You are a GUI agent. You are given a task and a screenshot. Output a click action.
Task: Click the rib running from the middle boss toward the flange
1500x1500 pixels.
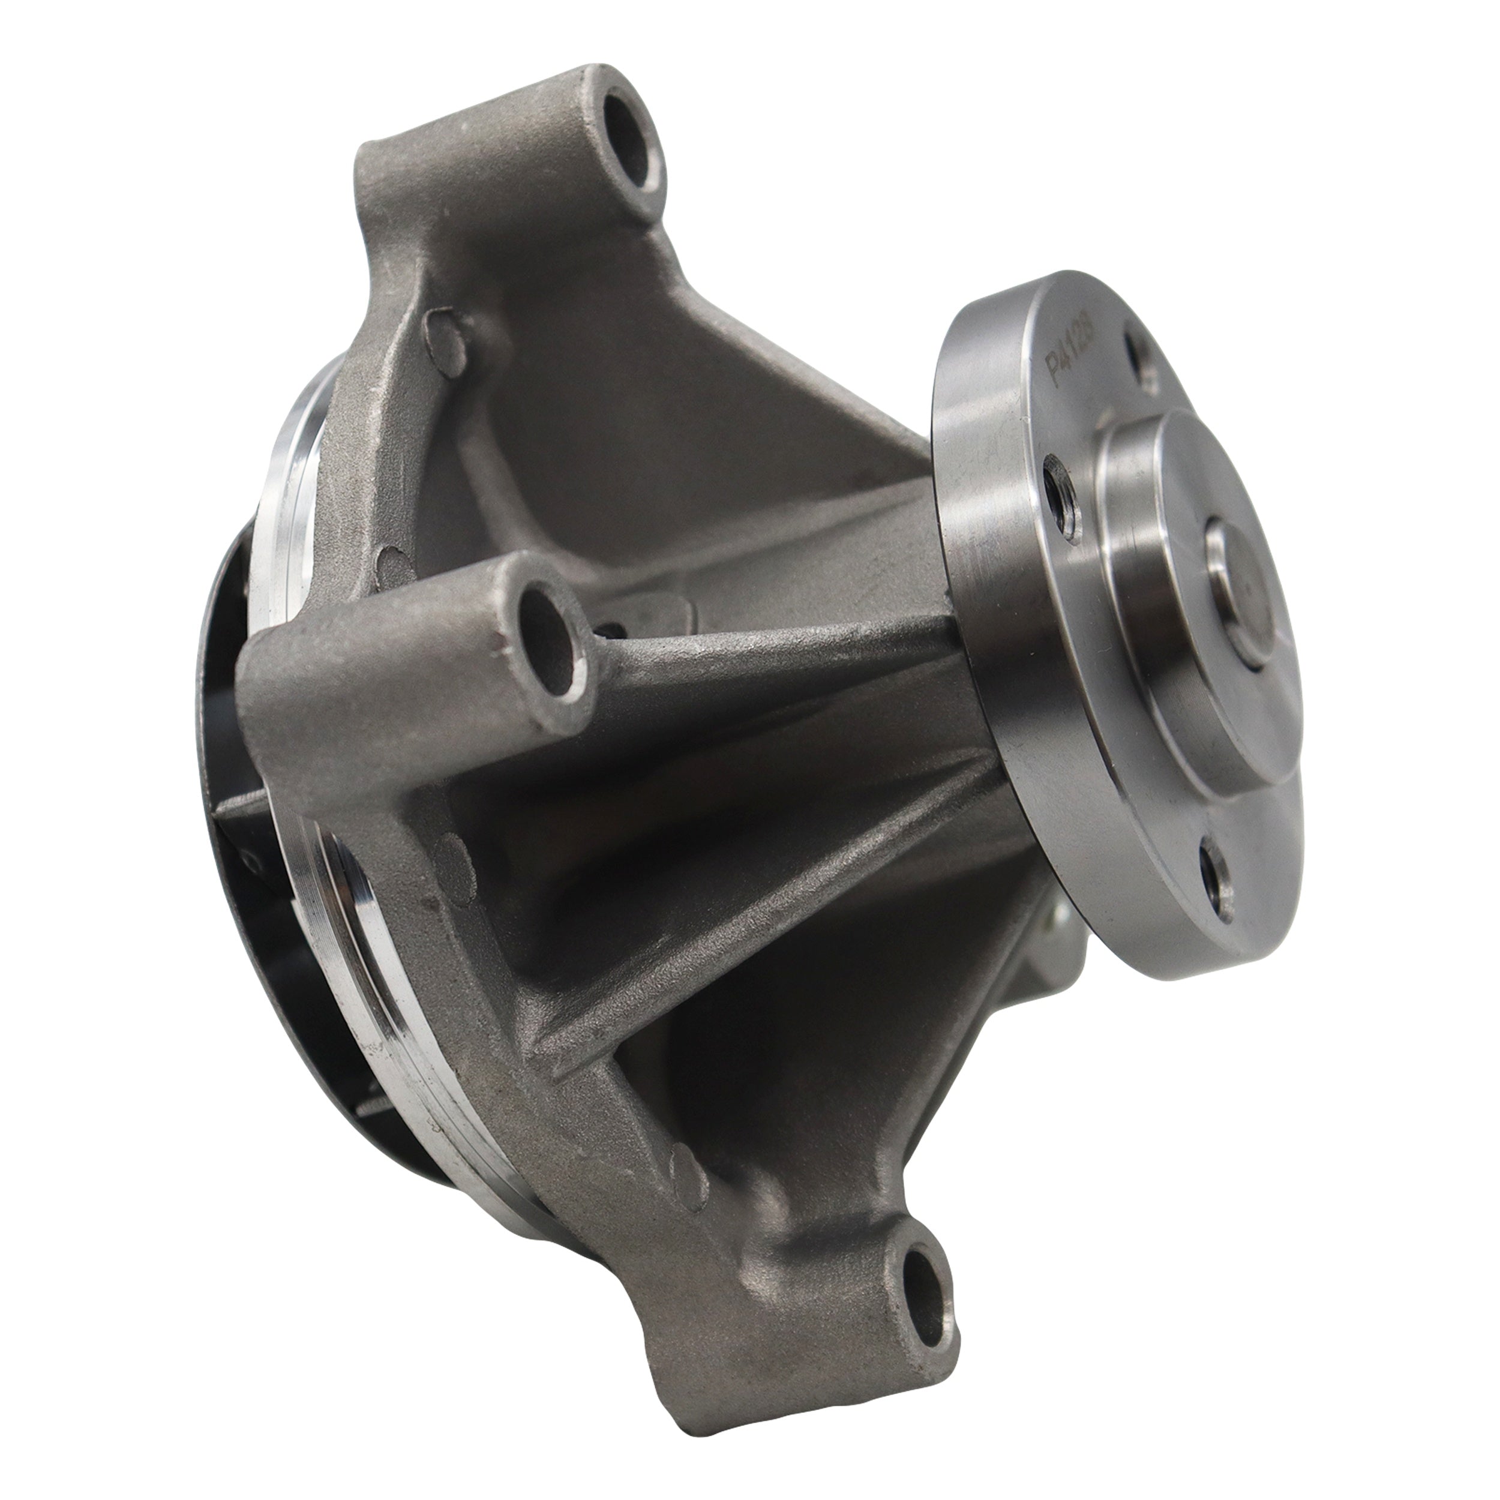click(776, 652)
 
